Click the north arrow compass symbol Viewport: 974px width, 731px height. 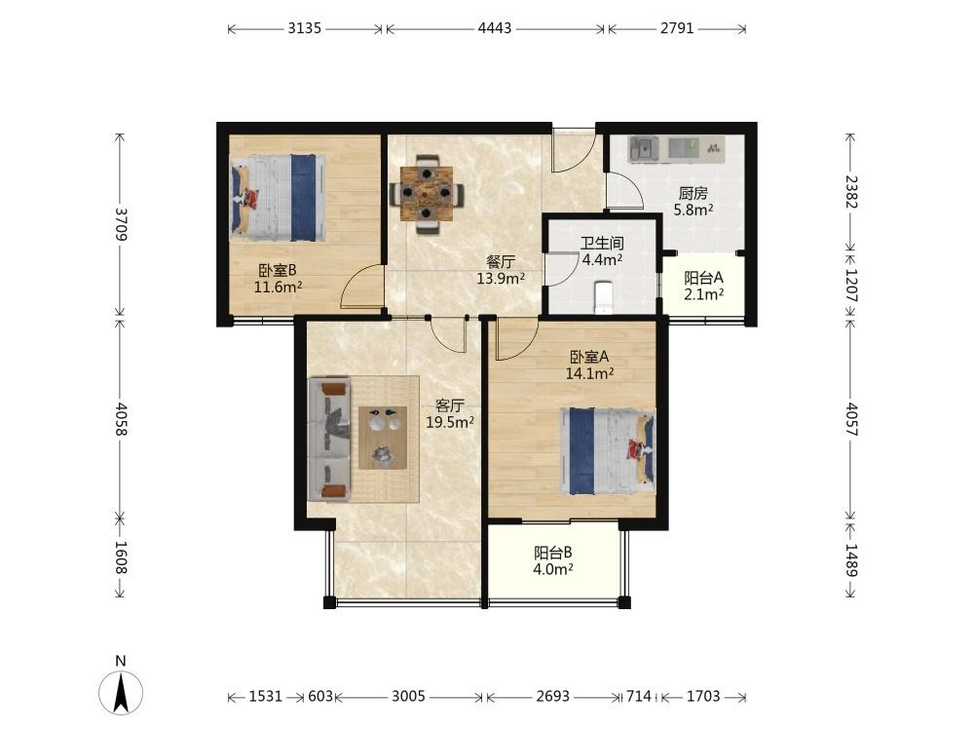coord(121,692)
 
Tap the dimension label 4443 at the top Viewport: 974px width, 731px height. coord(495,28)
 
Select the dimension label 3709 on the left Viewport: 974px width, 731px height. coord(121,224)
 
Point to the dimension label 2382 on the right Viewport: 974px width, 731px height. coord(851,192)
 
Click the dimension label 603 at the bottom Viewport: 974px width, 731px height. coord(319,696)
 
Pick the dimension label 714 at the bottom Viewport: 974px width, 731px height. coord(639,696)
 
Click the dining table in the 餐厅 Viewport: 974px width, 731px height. coord(427,193)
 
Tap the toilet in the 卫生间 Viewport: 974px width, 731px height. coord(603,297)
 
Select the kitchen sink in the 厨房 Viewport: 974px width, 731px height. coord(644,149)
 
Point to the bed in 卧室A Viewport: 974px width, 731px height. coord(608,450)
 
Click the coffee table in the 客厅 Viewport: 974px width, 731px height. coord(383,438)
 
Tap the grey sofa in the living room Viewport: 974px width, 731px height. coord(330,439)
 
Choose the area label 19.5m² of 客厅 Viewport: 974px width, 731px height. coord(450,423)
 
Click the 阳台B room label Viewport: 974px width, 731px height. coord(553,553)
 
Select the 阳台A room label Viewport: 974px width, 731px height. coord(704,278)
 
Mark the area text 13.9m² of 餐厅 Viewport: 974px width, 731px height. coord(501,279)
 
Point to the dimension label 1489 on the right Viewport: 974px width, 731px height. coord(851,560)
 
